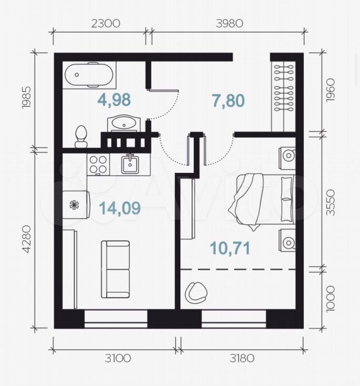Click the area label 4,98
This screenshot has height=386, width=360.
(x=114, y=100)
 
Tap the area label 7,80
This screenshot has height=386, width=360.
(x=228, y=101)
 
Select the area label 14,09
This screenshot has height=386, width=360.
(x=120, y=208)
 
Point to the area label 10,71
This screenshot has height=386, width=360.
(x=230, y=248)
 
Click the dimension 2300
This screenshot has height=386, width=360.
(x=106, y=24)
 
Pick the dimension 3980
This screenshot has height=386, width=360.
(x=229, y=24)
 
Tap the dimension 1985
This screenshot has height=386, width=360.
(x=27, y=97)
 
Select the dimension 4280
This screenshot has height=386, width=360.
(x=27, y=239)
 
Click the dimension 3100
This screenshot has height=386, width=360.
(x=118, y=358)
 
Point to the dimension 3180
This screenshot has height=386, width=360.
(x=242, y=358)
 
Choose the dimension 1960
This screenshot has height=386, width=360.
(x=330, y=90)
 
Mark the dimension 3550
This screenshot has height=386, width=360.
(x=330, y=203)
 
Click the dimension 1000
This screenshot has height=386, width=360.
(x=330, y=299)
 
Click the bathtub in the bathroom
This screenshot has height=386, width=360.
(x=89, y=75)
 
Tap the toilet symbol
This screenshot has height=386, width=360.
(x=81, y=137)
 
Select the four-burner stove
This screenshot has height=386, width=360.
(x=98, y=164)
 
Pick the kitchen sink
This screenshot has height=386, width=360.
(x=130, y=164)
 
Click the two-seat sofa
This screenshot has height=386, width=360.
(x=115, y=269)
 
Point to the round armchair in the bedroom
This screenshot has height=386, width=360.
(x=196, y=293)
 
